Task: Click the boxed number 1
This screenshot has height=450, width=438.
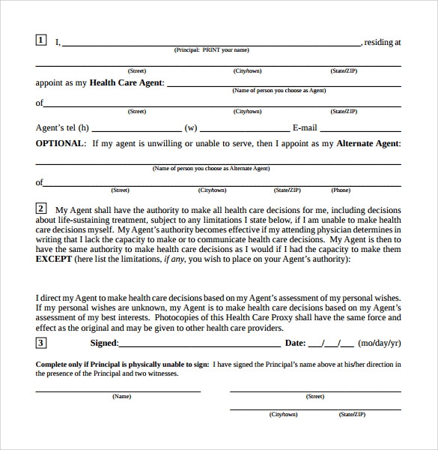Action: pos(40,40)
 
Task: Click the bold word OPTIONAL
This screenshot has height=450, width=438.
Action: pos(60,143)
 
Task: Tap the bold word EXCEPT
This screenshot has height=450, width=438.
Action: pos(54,259)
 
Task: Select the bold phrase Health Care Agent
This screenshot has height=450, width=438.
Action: pos(127,83)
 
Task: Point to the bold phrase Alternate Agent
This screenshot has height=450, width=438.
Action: pos(368,143)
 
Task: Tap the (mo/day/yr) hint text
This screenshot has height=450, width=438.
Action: pos(380,343)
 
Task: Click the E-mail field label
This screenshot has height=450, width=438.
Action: pos(305,127)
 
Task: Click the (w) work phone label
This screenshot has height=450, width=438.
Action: pos(191,127)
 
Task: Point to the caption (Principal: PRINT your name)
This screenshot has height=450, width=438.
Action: pos(211,50)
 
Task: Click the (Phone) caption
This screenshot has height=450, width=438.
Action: pos(341,190)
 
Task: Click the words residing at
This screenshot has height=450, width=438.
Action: pos(383,43)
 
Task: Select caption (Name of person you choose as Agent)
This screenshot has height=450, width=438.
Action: pos(279,91)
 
